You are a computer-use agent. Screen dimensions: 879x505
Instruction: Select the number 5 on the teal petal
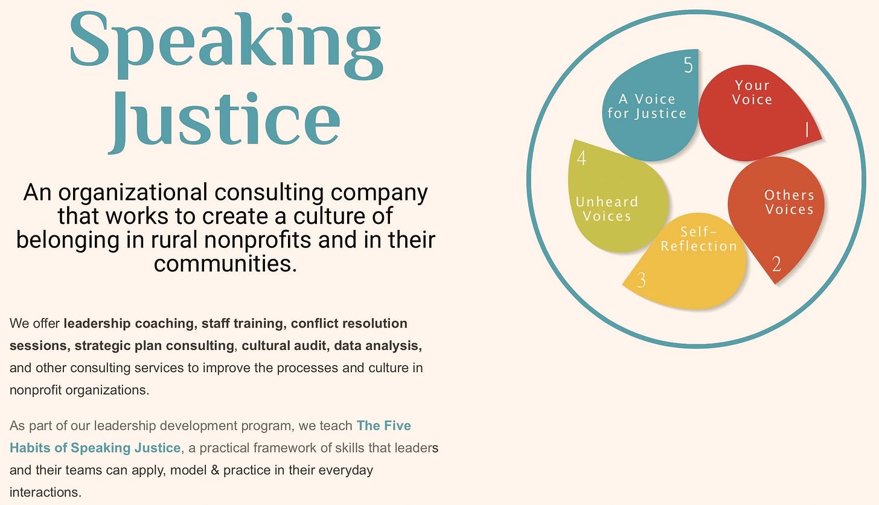pos(688,65)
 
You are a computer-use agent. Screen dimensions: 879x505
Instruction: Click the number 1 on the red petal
pos(807,129)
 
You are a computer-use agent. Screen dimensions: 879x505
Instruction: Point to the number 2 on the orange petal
pos(776,264)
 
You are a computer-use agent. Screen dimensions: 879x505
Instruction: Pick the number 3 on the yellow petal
pos(641,280)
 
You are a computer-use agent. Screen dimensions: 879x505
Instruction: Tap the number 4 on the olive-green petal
pos(581,158)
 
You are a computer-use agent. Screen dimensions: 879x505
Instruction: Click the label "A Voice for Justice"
pos(647,106)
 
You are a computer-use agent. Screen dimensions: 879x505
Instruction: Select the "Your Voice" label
pos(752,92)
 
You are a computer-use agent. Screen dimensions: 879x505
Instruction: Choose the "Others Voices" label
pos(789,202)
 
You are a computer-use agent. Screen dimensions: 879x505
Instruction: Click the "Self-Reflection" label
pos(698,239)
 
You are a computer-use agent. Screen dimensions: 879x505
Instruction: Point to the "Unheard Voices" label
pos(607,209)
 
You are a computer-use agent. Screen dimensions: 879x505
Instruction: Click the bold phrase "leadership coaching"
pos(130,323)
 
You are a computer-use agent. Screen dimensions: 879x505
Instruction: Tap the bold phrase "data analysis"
pos(377,346)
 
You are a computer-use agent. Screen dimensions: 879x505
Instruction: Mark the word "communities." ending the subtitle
pos(225,264)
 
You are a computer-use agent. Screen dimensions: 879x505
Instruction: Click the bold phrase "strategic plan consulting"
pos(154,346)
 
